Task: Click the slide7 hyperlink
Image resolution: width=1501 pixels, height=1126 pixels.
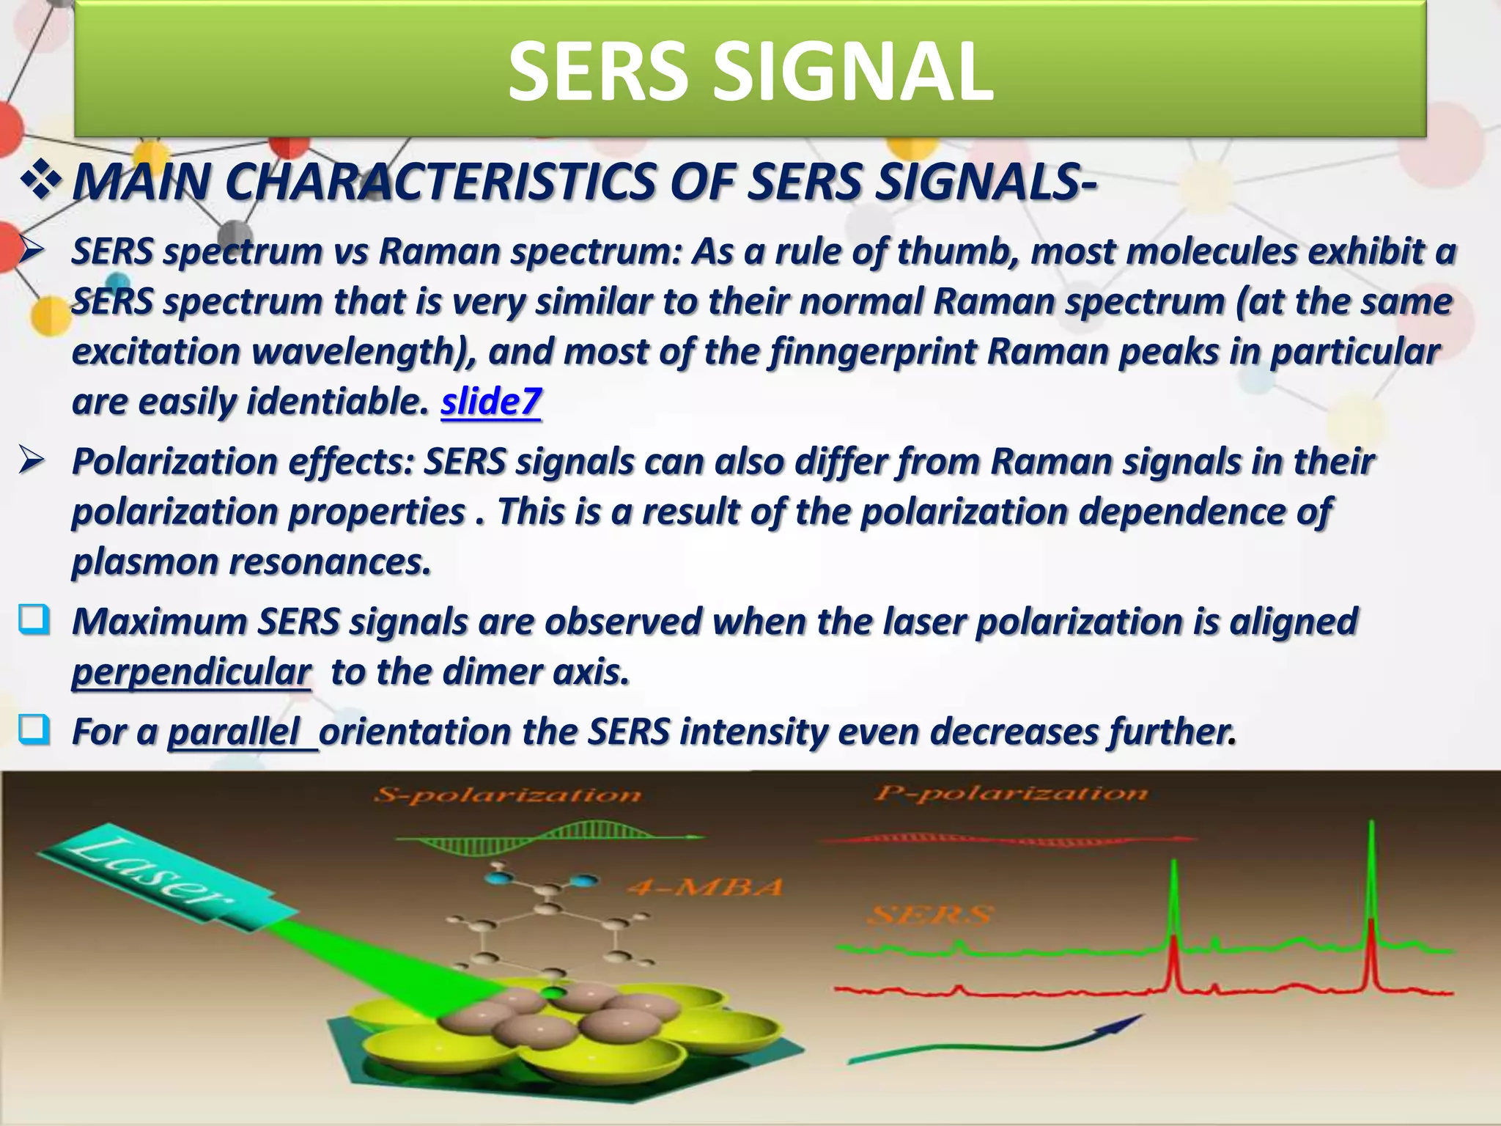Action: click(490, 402)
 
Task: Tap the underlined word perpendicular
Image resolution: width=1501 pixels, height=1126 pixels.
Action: click(191, 671)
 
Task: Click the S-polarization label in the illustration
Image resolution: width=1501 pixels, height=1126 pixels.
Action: click(507, 795)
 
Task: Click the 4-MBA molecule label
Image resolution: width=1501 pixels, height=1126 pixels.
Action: click(704, 888)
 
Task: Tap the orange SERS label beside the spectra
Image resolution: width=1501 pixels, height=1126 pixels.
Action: click(931, 915)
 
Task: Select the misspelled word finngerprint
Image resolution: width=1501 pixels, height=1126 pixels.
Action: click(873, 352)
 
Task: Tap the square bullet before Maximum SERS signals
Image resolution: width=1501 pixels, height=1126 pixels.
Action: click(34, 620)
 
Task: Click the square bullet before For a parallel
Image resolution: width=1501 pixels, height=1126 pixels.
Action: click(34, 730)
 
